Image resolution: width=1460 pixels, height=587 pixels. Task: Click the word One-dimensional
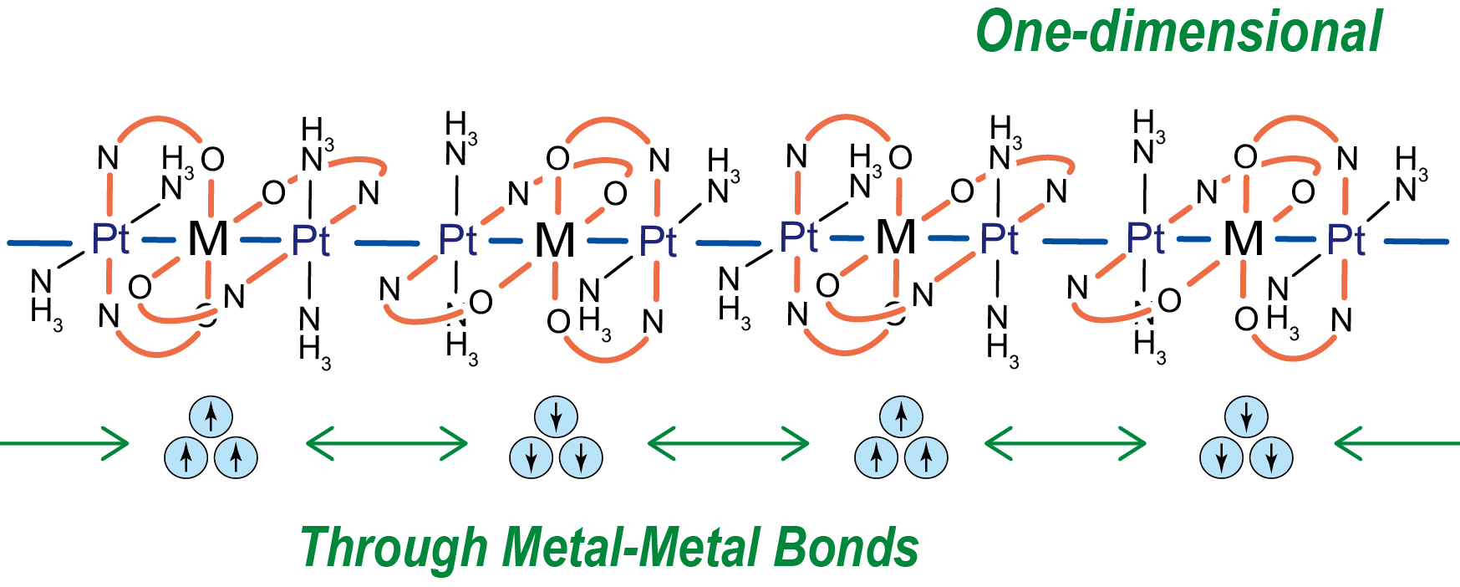(1178, 33)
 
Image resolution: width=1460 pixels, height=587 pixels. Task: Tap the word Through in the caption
(394, 548)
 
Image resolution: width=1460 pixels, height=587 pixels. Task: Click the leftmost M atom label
(207, 239)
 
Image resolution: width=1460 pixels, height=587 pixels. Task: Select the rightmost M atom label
(1243, 239)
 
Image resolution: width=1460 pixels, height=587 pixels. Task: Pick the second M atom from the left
(555, 241)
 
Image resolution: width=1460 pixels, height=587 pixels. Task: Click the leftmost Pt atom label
(109, 239)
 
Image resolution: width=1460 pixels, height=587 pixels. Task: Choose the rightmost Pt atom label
(1346, 240)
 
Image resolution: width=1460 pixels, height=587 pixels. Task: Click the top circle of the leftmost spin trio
(211, 416)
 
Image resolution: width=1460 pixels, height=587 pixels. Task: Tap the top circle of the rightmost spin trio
(1246, 416)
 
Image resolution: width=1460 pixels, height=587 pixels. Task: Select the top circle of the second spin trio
(556, 416)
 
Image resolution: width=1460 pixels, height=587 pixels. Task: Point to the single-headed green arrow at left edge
(63, 443)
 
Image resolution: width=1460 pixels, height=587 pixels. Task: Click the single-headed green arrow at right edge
(1397, 443)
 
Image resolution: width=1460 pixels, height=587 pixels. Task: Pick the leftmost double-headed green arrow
(386, 443)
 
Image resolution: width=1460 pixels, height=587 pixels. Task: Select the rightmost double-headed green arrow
(1066, 443)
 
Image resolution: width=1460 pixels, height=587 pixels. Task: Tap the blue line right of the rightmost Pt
(1417, 242)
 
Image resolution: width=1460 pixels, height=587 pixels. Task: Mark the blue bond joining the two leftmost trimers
(386, 243)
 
